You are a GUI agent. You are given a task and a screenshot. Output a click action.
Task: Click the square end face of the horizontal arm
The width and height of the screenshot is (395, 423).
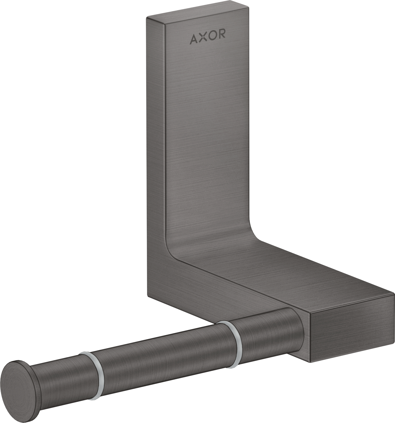pyautogui.click(x=351, y=327)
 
